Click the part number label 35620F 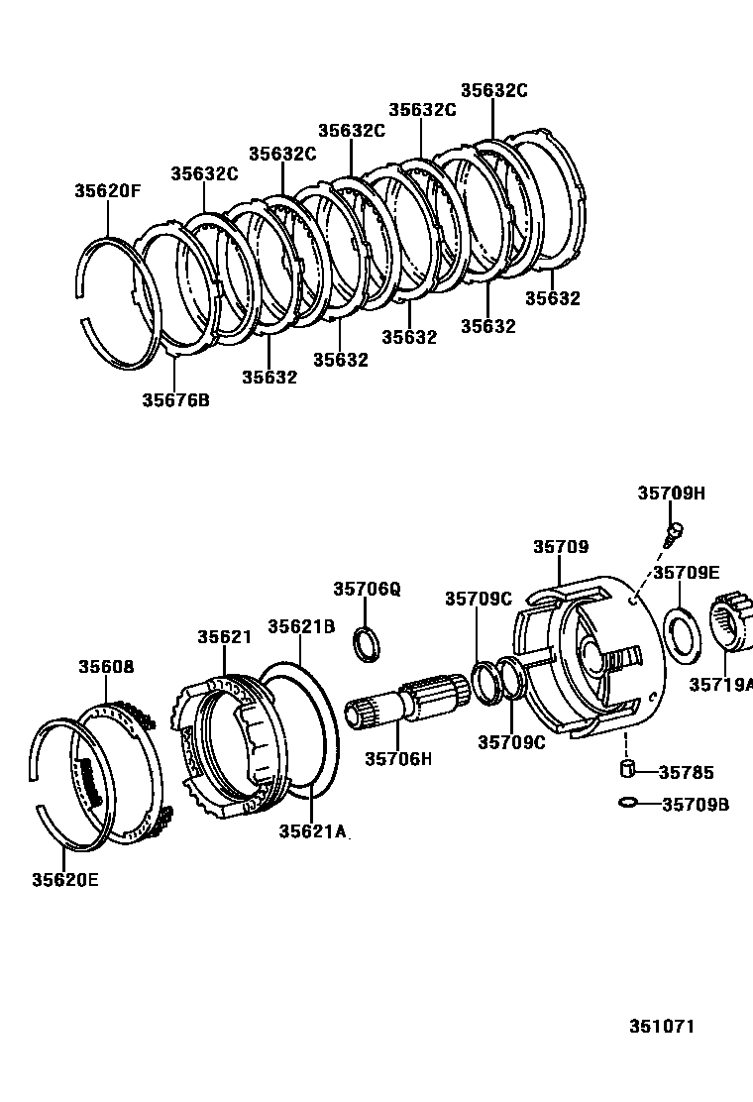click(x=107, y=191)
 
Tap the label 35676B click(x=175, y=400)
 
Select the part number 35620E click(x=65, y=879)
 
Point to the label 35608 click(x=106, y=667)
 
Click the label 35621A click(x=312, y=831)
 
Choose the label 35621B click(x=301, y=626)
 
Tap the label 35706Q click(x=367, y=589)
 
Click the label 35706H click(x=398, y=759)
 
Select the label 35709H click(x=671, y=494)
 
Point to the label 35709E click(x=686, y=572)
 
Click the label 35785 click(x=686, y=772)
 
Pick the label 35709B click(x=695, y=804)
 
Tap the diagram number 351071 click(x=661, y=1026)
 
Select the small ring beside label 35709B click(x=627, y=803)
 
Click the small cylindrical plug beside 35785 click(x=626, y=770)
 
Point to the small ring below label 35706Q click(x=367, y=643)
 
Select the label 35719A click(x=720, y=684)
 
